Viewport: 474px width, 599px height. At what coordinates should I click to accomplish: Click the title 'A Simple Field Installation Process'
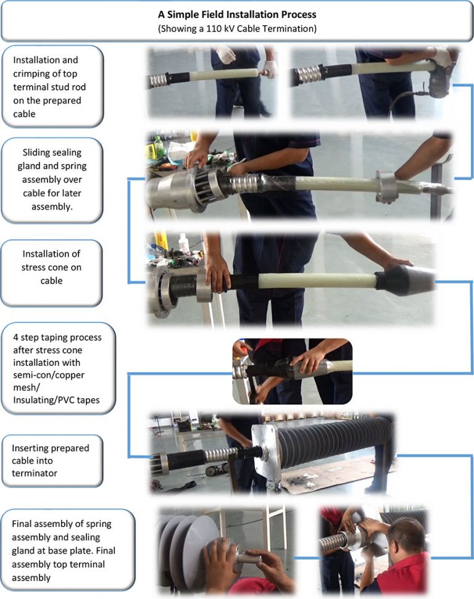click(236, 14)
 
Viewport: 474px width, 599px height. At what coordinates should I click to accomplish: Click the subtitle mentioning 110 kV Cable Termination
click(236, 28)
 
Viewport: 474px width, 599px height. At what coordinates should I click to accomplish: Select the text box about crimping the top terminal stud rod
click(52, 82)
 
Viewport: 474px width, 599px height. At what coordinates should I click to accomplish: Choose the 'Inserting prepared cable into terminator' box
click(52, 460)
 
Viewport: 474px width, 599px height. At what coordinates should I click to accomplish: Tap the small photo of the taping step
click(292, 370)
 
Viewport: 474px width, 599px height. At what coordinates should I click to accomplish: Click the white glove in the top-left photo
click(226, 55)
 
